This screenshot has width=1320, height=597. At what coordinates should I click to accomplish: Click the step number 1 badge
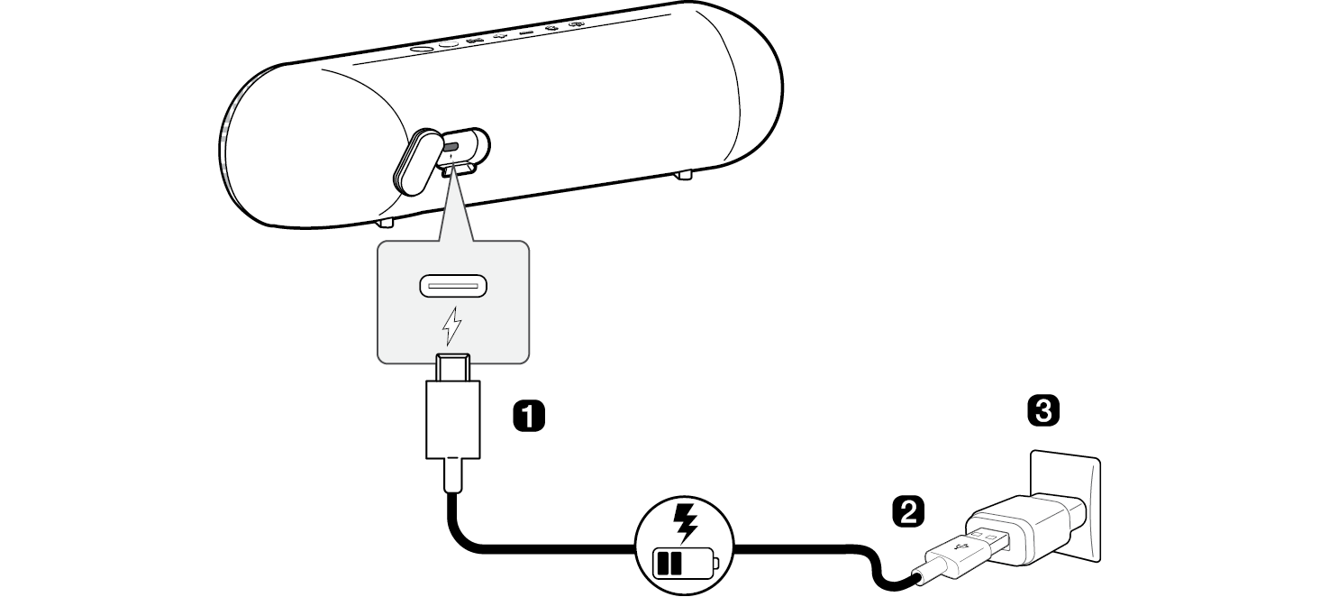coord(528,416)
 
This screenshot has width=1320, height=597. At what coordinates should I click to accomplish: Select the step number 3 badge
coord(1043,412)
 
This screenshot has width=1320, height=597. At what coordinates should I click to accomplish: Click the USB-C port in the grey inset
coord(452,288)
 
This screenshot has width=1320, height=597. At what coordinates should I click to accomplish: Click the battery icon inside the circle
coord(686,565)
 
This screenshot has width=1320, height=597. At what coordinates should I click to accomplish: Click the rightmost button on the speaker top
coord(578,23)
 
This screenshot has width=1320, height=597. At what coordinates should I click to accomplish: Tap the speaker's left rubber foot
coord(385,221)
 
